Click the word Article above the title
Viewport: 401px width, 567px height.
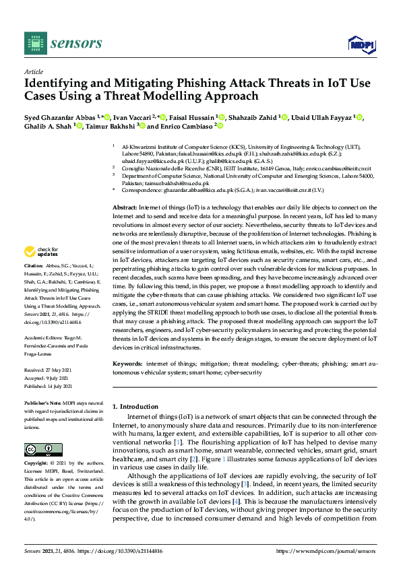33,71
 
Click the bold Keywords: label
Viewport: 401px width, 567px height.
128,364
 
